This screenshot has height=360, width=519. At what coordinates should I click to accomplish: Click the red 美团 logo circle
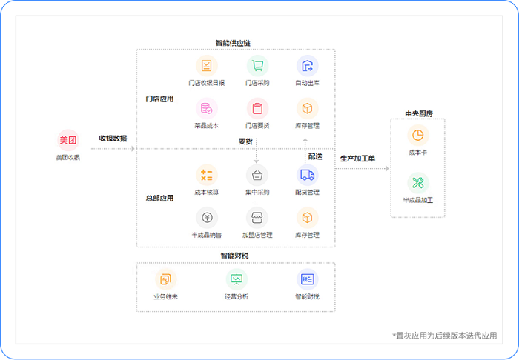point(67,140)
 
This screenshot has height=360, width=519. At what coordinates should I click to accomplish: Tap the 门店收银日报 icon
point(207,65)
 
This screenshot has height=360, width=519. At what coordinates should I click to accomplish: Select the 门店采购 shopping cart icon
point(257,65)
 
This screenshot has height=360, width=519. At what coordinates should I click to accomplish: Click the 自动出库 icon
point(307,65)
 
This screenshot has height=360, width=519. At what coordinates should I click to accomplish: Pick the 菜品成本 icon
point(207,108)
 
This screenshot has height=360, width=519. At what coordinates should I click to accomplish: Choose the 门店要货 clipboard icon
point(257,108)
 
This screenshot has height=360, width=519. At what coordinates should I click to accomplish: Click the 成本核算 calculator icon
point(207,175)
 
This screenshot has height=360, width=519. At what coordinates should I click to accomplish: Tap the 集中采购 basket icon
point(257,175)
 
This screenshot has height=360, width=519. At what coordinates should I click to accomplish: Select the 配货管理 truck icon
point(307,175)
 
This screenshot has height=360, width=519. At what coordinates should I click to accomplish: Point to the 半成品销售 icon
point(207,218)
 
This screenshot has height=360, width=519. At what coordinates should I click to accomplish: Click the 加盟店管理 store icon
point(257,218)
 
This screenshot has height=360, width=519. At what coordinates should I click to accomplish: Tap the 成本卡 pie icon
point(418,136)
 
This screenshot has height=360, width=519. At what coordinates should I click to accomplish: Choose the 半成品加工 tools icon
point(418,183)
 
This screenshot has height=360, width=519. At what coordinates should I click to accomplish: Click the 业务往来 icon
point(165,279)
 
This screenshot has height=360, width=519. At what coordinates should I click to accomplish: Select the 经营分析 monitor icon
point(237,279)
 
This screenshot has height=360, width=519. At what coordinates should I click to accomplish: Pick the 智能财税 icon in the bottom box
point(307,279)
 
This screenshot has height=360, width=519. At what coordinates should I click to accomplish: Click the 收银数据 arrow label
point(113,139)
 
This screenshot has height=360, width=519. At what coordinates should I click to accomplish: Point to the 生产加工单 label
point(357,159)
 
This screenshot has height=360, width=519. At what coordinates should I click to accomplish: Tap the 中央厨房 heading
point(418,113)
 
